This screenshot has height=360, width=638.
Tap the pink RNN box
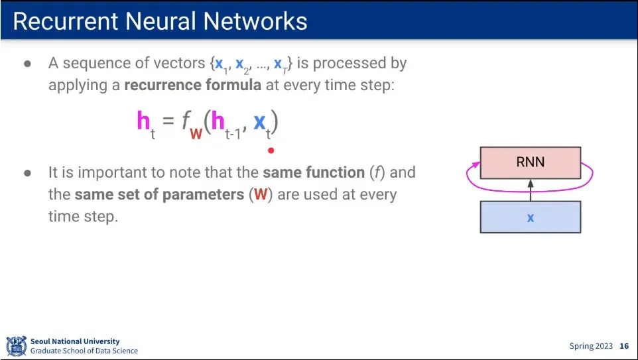pyautogui.click(x=530, y=162)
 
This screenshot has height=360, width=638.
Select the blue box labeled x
pyautogui.click(x=530, y=217)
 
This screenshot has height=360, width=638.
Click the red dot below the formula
pyautogui.click(x=271, y=150)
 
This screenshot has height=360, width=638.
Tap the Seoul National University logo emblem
pyautogui.click(x=17, y=346)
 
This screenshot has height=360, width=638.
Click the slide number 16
pyautogui.click(x=624, y=346)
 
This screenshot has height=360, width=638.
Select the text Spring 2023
pyautogui.click(x=591, y=346)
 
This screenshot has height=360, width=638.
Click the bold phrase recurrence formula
pyautogui.click(x=192, y=86)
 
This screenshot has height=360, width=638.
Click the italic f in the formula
pyautogui.click(x=188, y=121)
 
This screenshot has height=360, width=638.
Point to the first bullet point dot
pyautogui.click(x=28, y=64)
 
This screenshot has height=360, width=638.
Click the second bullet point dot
pyautogui.click(x=28, y=174)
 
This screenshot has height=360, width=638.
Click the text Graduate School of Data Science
pyautogui.click(x=84, y=351)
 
